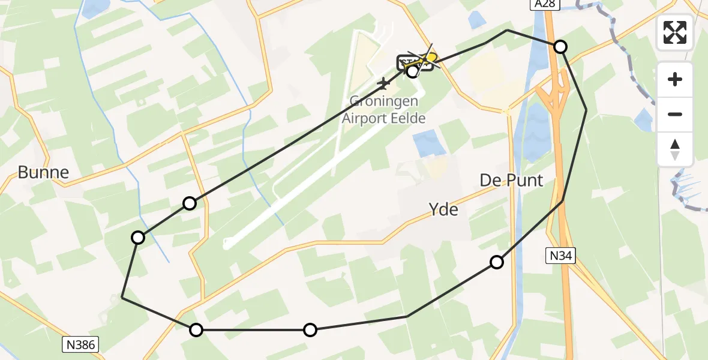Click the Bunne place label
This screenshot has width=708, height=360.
click(43, 173)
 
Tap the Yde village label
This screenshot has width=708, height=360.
click(443, 209)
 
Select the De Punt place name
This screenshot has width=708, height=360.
click(511, 180)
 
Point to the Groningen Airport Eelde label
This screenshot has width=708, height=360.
click(383, 110)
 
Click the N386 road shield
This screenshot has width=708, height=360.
click(80, 344)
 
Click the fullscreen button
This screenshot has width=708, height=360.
click(675, 32)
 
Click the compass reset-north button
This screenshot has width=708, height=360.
click(675, 149)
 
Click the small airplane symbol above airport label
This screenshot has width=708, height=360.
click(383, 82)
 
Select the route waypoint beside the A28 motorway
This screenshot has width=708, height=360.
click(560, 47)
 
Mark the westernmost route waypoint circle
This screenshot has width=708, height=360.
click(138, 238)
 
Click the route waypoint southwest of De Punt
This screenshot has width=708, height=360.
click(497, 262)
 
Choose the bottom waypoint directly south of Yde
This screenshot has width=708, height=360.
click(310, 329)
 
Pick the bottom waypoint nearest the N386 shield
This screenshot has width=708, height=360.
click(196, 329)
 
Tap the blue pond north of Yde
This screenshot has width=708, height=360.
click(430, 144)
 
